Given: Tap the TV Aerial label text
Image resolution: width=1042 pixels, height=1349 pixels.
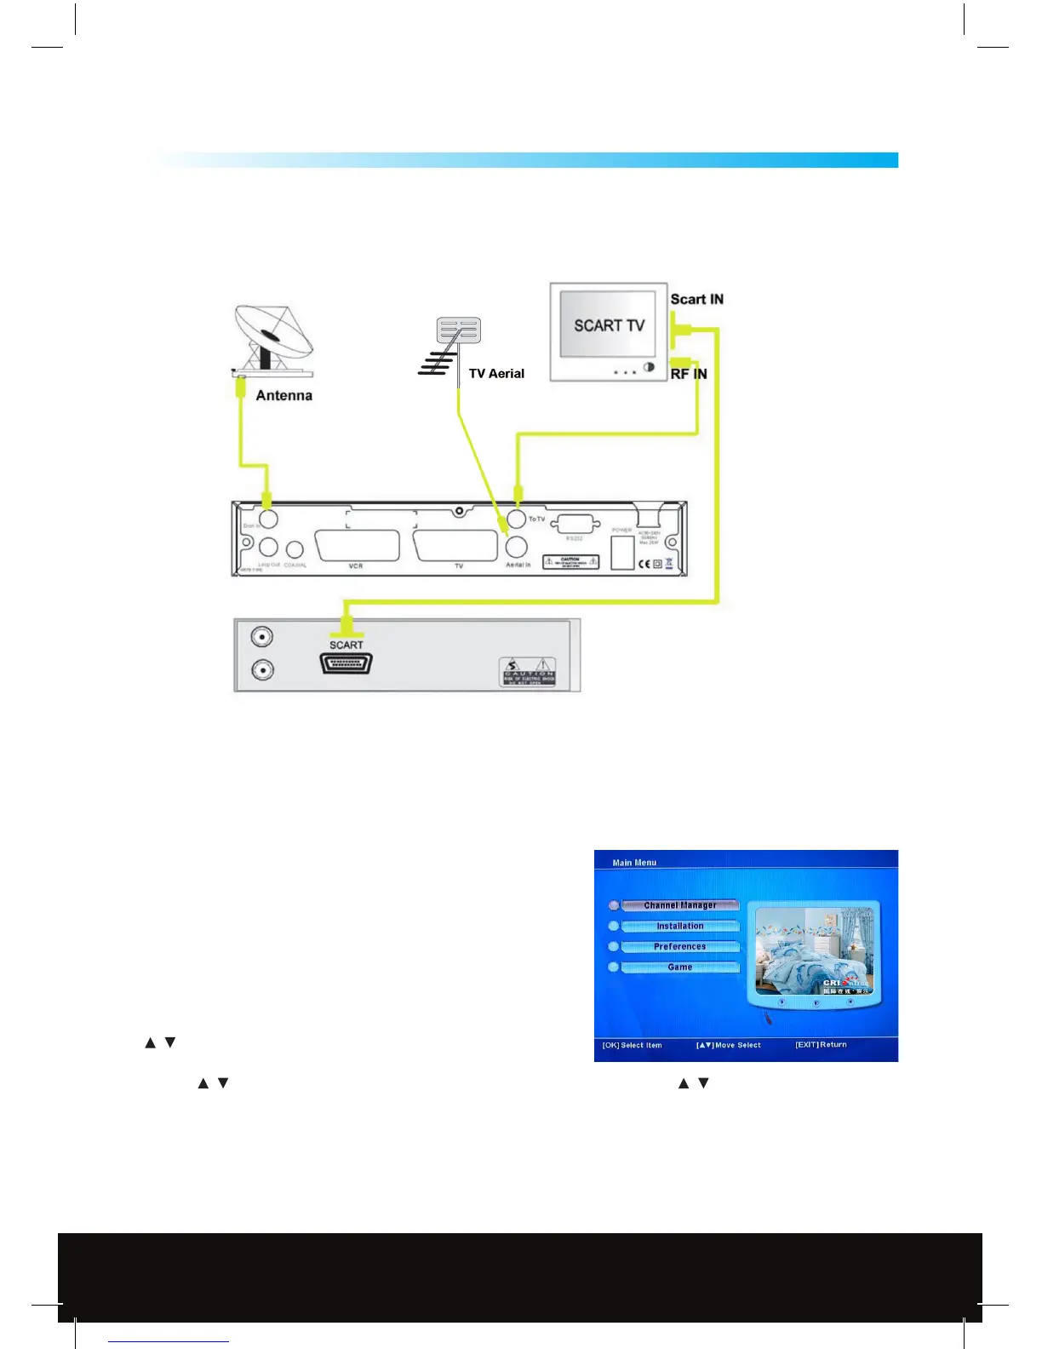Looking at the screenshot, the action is pyautogui.click(x=496, y=373).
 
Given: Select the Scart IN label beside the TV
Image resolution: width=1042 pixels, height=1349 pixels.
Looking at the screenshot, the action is pyautogui.click(x=696, y=299).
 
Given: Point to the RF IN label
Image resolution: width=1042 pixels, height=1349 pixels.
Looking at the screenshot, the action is pyautogui.click(x=689, y=374).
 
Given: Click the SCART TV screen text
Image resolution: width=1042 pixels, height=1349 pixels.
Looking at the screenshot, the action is pyautogui.click(x=609, y=325).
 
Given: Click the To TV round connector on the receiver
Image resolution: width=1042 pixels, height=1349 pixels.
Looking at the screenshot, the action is pyautogui.click(x=516, y=519).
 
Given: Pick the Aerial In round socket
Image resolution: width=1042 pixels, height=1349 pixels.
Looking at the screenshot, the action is pyautogui.click(x=517, y=547).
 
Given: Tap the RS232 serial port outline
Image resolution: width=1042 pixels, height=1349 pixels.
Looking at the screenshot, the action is pyautogui.click(x=575, y=525).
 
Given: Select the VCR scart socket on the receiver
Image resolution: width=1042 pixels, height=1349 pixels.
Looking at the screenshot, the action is pyautogui.click(x=357, y=546).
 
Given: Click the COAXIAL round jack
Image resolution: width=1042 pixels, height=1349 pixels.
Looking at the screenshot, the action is pyautogui.click(x=295, y=550).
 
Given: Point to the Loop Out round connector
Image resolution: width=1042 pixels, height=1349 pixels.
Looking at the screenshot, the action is pyautogui.click(x=268, y=547).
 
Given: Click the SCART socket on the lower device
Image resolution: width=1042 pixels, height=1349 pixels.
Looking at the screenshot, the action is pyautogui.click(x=346, y=663).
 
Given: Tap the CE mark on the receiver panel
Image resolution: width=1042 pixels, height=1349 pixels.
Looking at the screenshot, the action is pyautogui.click(x=644, y=564).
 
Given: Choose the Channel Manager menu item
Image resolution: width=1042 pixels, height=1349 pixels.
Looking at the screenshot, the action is pyautogui.click(x=679, y=905).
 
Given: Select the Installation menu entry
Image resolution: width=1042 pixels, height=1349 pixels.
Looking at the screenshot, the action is pyautogui.click(x=679, y=926).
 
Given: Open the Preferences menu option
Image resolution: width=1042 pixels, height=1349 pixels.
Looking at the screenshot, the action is pyautogui.click(x=679, y=946).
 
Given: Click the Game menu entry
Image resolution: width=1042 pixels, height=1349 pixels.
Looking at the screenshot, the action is pyautogui.click(x=679, y=967).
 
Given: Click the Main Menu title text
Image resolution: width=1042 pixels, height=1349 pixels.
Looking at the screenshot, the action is pyautogui.click(x=634, y=863).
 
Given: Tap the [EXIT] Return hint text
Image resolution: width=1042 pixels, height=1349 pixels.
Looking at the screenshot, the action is pyautogui.click(x=821, y=1044).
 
